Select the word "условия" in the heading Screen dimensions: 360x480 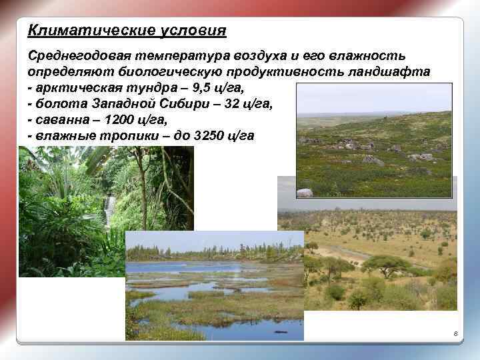[193, 31]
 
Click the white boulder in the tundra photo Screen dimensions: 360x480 [304, 193]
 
